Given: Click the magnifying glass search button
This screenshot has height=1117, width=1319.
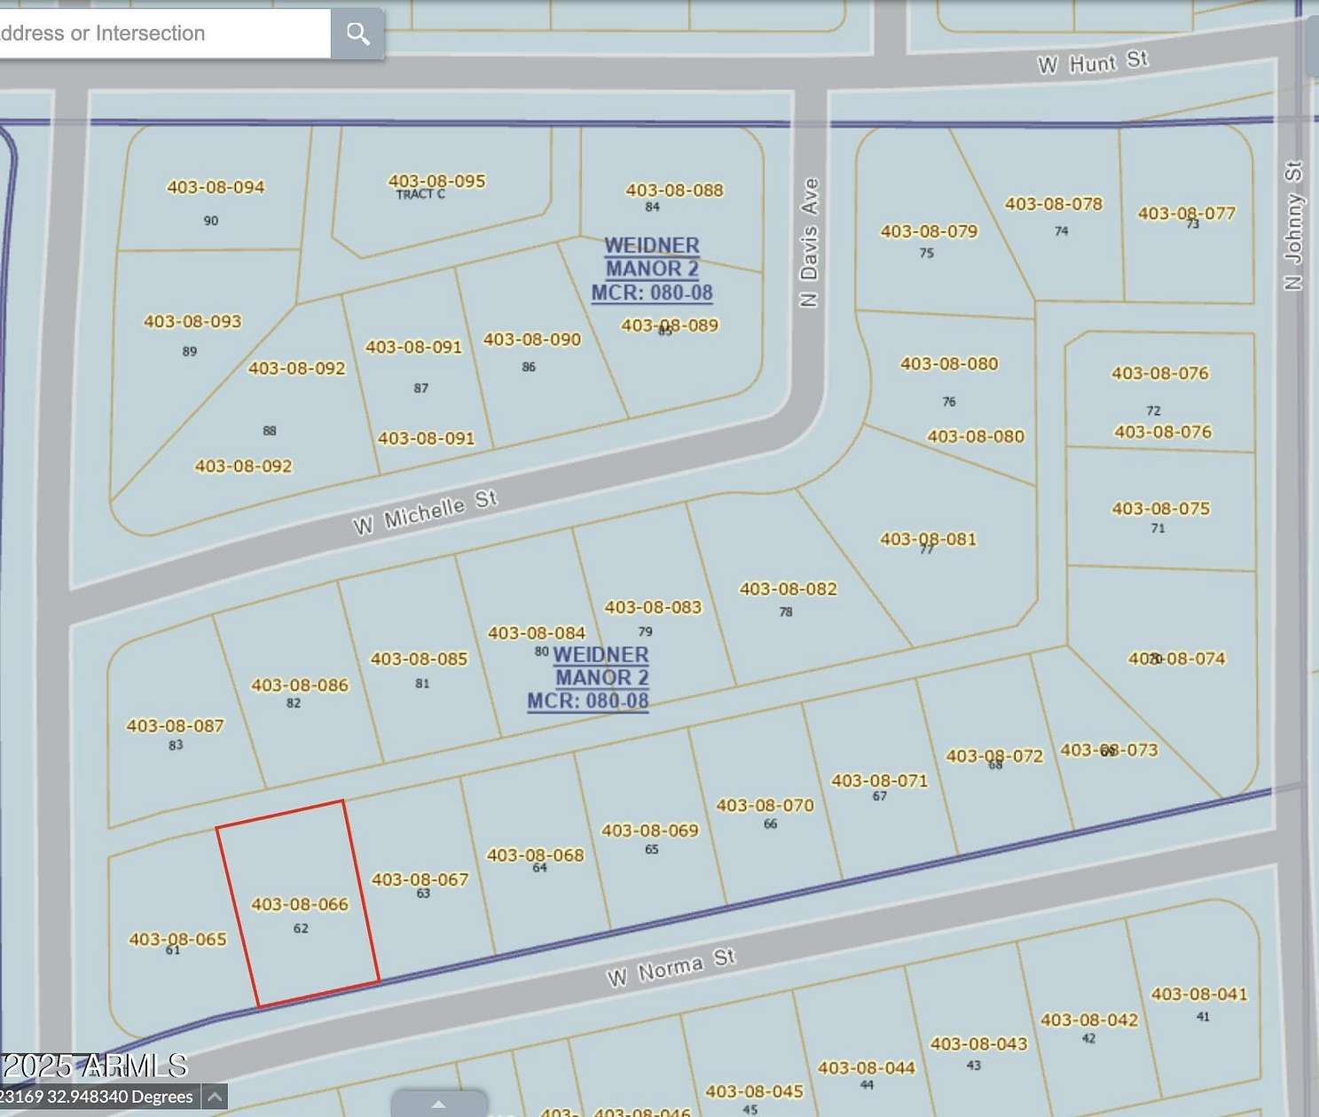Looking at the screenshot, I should click(357, 34).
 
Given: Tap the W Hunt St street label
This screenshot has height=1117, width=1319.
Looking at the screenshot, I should click(1092, 63).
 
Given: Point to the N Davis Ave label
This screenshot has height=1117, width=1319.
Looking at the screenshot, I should click(808, 243).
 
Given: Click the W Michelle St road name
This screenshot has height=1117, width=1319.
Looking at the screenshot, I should click(425, 512).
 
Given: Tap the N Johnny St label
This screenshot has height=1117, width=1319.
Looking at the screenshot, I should click(1293, 225).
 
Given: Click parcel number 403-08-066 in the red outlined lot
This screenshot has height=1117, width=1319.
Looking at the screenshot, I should click(300, 904).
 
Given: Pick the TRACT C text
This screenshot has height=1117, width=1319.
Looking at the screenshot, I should click(420, 195).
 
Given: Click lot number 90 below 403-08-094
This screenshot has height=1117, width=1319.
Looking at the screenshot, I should click(210, 221).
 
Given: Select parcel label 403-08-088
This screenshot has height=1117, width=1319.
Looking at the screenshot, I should click(674, 190).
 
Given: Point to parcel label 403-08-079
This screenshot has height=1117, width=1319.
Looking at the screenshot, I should click(929, 231).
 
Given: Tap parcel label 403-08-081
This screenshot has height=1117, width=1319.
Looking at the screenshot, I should click(927, 539).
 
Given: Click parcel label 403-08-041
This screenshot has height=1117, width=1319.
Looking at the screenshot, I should click(1198, 995).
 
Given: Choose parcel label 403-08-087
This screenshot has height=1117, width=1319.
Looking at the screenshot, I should click(175, 726).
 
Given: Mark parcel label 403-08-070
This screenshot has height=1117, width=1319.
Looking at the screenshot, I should click(765, 806).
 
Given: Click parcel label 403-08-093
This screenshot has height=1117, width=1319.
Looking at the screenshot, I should click(192, 322).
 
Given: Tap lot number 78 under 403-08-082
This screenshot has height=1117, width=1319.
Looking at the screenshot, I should click(786, 612).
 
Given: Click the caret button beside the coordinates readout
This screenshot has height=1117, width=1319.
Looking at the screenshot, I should click(214, 1097).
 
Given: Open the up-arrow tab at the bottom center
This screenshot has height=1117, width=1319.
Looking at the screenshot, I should click(438, 1104).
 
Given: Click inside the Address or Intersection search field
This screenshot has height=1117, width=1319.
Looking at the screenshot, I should click(160, 34).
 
